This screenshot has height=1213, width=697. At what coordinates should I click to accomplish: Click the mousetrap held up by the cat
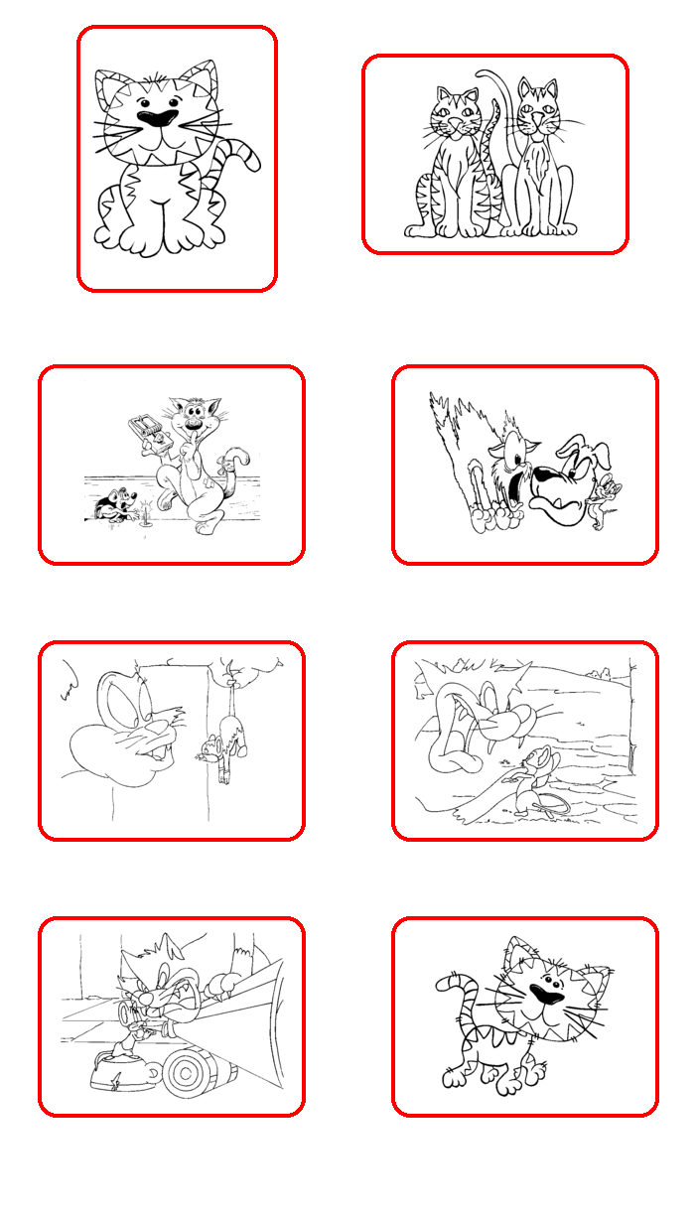[x=146, y=434]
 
